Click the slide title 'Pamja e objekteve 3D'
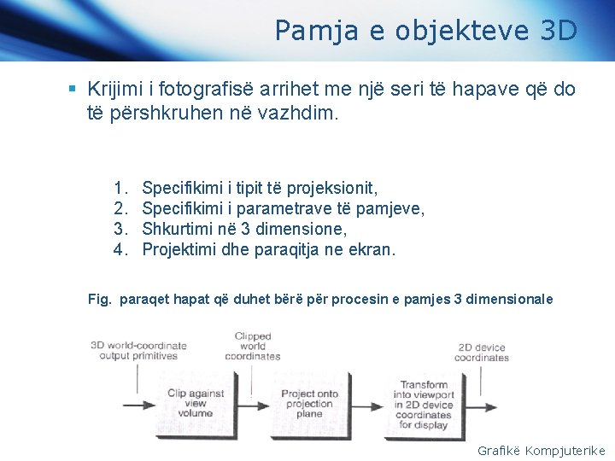[x=425, y=31]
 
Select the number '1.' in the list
[x=120, y=187]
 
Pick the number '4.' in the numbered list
[x=120, y=250]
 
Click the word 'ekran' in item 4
[x=372, y=250]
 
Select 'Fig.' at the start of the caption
[x=100, y=300]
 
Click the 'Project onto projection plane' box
[x=309, y=402]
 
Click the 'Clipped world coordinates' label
[x=253, y=346]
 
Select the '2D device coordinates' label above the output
[x=482, y=352]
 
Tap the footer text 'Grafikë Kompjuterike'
[x=541, y=450]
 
